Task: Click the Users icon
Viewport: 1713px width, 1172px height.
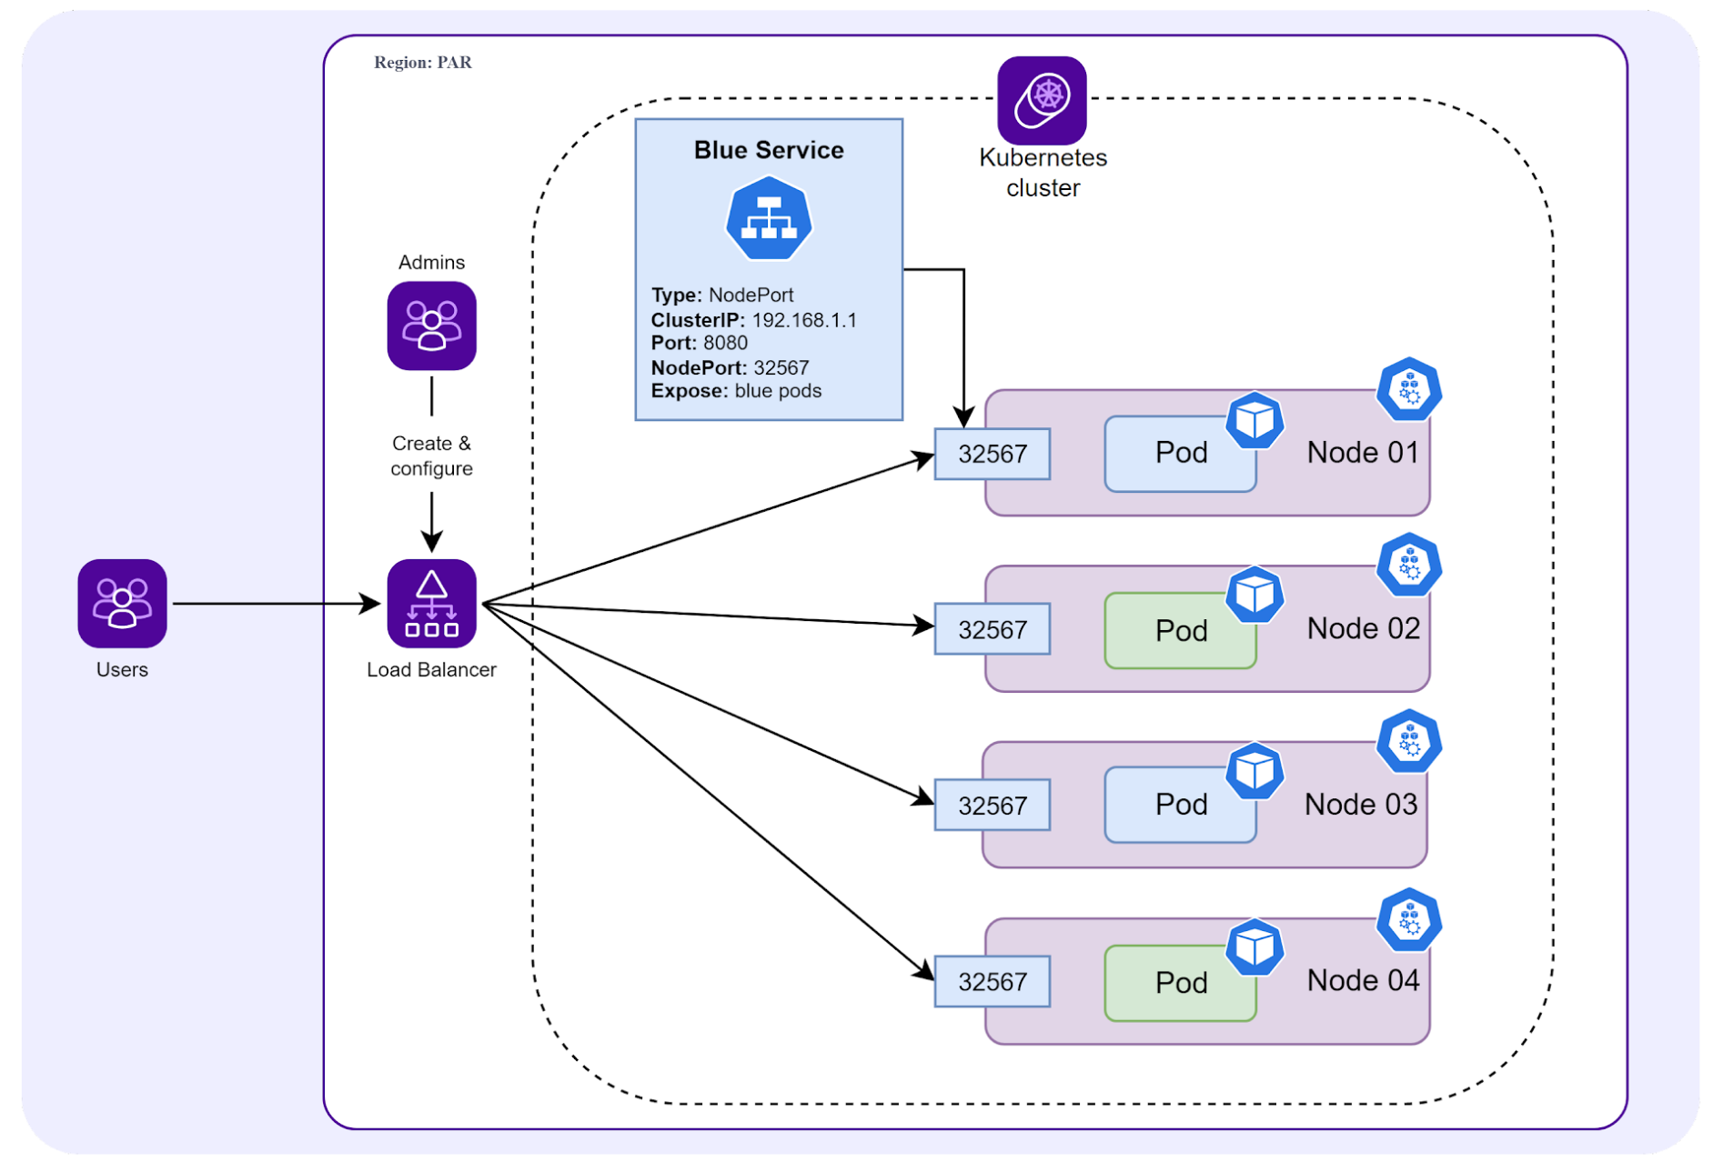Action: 122,603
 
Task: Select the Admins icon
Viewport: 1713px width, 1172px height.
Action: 431,326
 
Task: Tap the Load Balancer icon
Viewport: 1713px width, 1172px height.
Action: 431,603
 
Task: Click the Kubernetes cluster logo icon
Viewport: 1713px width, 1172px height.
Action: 1042,100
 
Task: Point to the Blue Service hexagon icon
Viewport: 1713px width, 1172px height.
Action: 769,219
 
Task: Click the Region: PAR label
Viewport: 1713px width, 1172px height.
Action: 423,63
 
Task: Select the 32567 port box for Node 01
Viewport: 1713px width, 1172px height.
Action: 992,454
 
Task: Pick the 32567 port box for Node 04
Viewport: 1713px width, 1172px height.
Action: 992,982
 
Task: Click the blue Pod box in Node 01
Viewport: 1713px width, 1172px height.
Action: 1180,453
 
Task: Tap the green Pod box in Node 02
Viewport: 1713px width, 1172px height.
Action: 1180,630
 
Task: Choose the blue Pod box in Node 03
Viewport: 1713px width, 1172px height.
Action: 1180,805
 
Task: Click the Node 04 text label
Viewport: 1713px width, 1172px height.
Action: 1363,980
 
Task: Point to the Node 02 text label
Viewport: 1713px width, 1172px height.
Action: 1363,628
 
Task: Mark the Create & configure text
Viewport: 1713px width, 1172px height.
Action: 431,456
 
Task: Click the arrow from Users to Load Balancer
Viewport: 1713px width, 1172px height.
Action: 273,603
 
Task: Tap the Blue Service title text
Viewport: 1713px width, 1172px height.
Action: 769,150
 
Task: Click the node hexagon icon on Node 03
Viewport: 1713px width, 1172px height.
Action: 1409,742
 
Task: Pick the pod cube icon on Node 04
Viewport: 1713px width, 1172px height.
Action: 1255,947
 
